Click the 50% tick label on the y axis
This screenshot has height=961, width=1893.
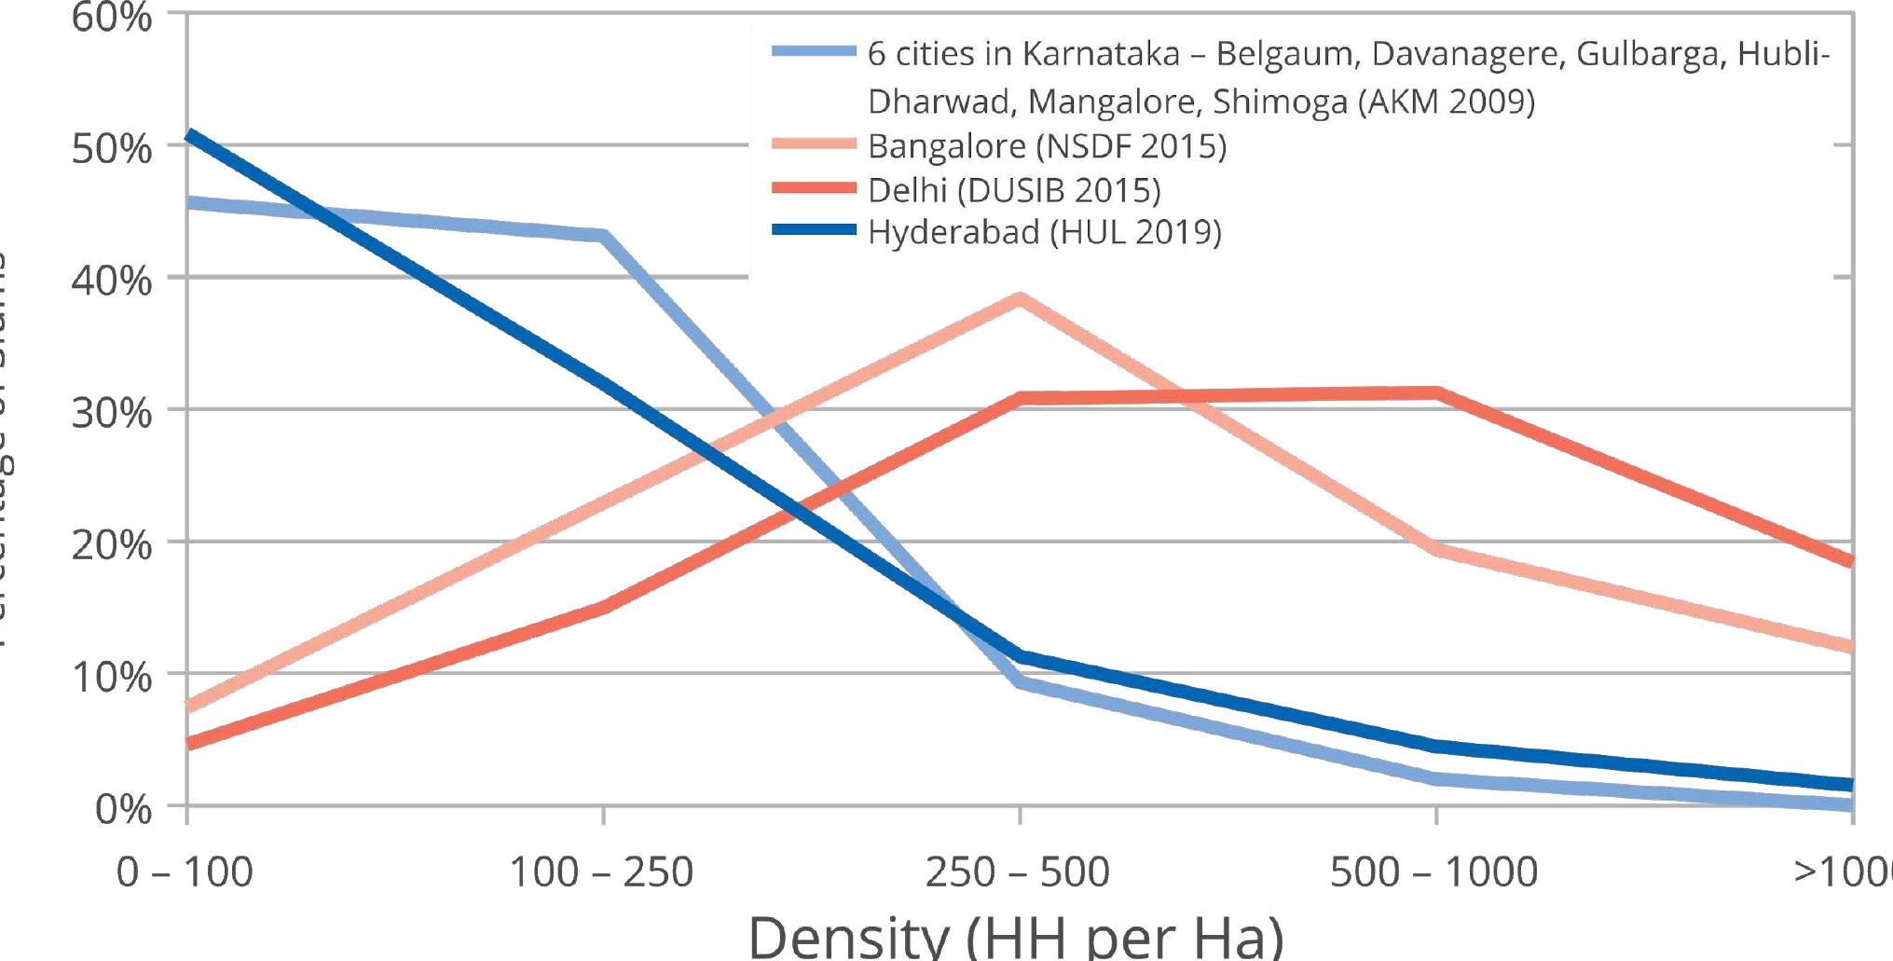coord(111,148)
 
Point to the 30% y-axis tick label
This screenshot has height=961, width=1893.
coord(111,413)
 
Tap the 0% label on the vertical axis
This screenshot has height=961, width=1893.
coord(123,809)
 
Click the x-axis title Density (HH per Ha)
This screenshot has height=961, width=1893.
coord(1016,935)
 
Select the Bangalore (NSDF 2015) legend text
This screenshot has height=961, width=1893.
coord(1047,146)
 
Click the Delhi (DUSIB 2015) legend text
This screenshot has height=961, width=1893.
coord(1014,190)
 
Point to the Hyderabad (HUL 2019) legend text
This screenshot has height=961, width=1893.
coord(1044,232)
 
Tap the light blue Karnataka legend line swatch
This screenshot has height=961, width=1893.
coord(814,52)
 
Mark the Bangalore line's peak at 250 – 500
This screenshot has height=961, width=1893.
coord(1021,299)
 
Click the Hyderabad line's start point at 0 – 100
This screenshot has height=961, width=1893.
coord(189,135)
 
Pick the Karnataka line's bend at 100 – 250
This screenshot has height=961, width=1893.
coord(604,235)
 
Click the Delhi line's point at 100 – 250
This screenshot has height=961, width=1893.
coord(604,608)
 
